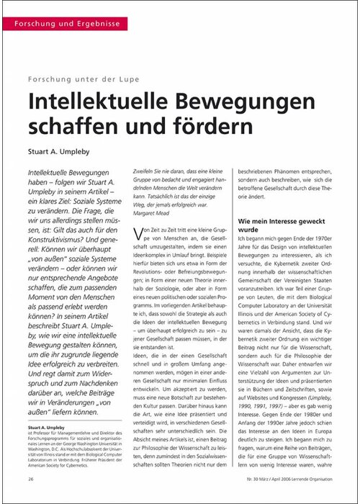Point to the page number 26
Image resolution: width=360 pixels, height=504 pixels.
(31, 478)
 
